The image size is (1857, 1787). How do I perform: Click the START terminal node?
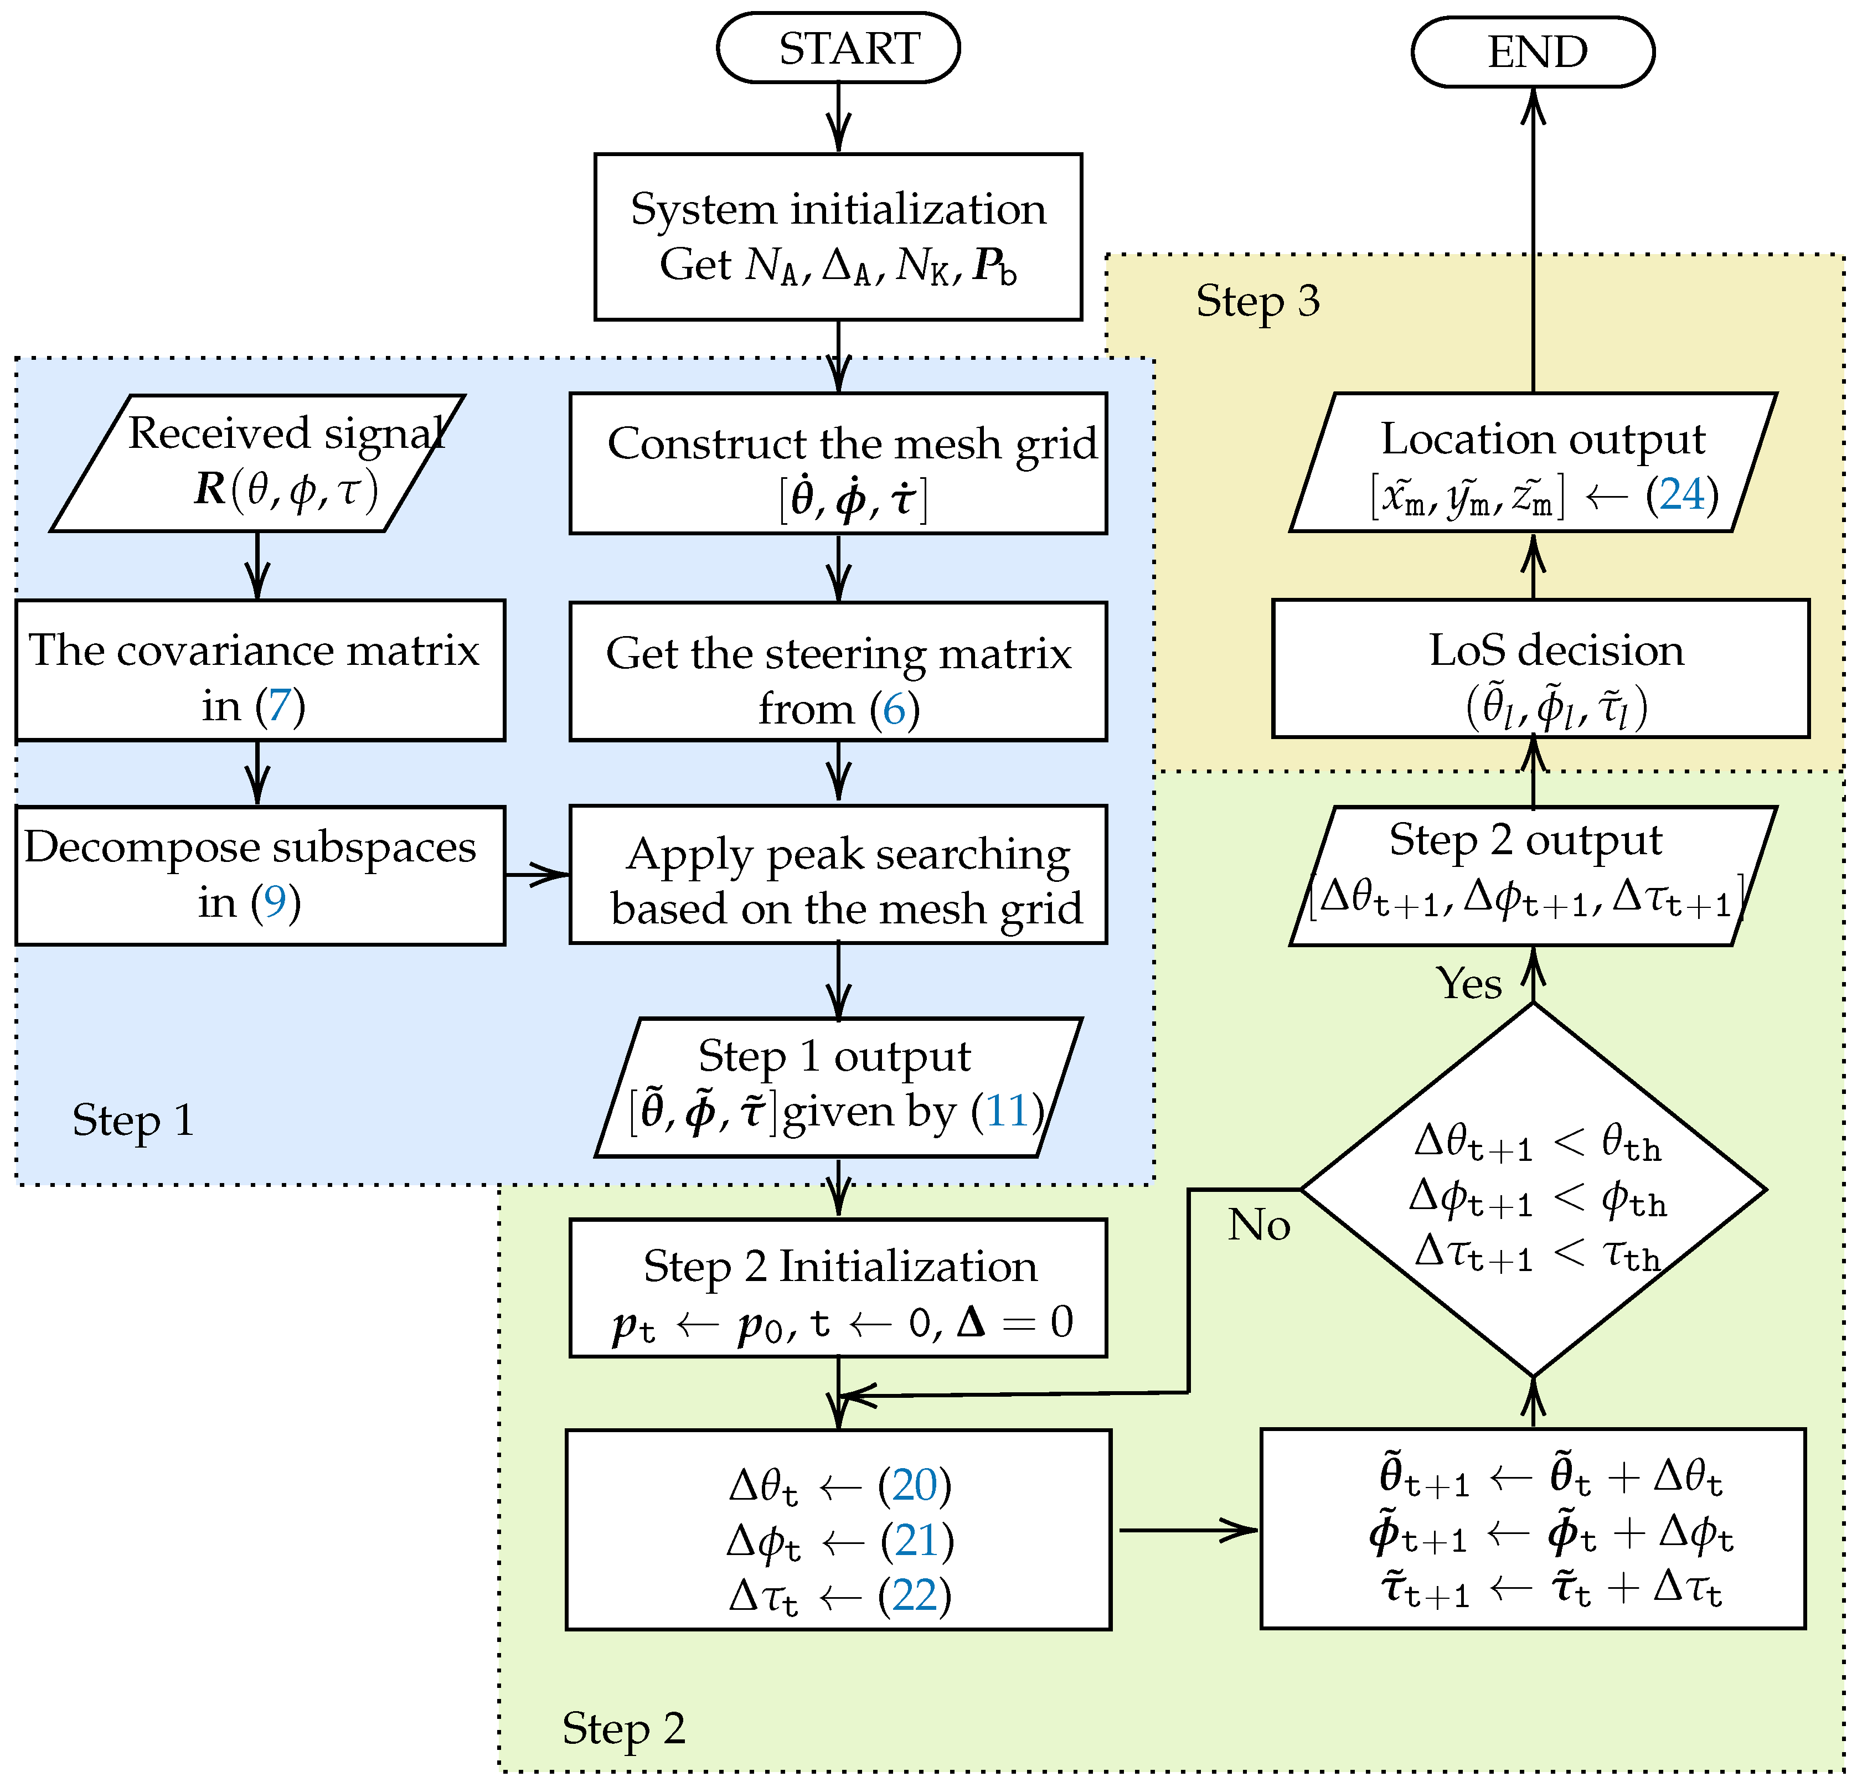(838, 48)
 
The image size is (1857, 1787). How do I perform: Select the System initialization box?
(838, 237)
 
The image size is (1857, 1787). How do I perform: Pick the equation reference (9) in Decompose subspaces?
(275, 902)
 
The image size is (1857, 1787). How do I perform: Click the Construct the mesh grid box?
(838, 463)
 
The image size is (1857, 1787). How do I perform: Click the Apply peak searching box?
(838, 875)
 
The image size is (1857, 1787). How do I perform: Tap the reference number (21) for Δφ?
(916, 1541)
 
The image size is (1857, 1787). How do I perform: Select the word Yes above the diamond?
(1468, 984)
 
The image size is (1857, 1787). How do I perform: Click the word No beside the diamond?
(1258, 1225)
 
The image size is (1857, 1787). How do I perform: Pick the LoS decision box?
(1540, 669)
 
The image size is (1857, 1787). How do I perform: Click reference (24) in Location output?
(1681, 494)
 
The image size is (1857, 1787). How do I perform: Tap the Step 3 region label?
(1257, 301)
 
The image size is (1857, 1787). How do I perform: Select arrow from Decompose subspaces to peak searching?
(537, 875)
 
